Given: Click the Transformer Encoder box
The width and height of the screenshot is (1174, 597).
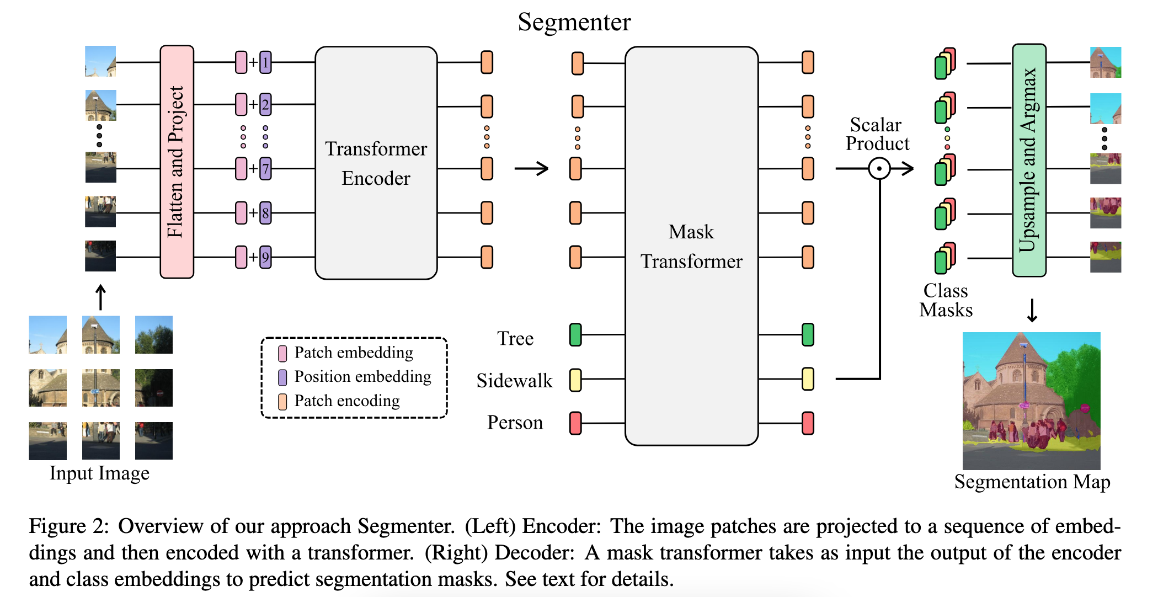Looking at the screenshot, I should click(376, 163).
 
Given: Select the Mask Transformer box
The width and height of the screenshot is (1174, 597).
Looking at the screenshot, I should click(691, 246).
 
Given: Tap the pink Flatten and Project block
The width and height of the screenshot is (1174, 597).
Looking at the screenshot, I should click(177, 162).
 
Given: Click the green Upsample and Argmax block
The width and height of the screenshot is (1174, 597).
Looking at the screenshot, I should click(1028, 160).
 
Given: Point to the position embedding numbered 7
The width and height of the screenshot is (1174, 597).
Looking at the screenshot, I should click(265, 169).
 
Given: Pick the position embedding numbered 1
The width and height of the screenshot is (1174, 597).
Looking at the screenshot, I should click(265, 62).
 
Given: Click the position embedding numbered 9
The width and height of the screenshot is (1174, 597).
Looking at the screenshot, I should click(265, 257).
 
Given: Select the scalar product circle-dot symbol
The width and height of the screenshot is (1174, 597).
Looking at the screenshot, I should click(879, 168).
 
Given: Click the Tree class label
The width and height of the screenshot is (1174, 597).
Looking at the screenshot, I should click(515, 338).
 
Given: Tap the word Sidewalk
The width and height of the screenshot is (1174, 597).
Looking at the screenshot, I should click(514, 381).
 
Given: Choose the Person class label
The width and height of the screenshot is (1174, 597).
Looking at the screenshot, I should click(515, 423).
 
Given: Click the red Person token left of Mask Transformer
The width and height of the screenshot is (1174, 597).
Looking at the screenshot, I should click(575, 423).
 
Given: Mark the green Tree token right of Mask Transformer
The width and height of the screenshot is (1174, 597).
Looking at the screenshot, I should click(808, 335).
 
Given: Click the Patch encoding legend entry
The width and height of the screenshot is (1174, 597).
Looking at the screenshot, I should click(346, 401).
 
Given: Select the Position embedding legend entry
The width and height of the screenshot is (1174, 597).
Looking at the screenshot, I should click(362, 377).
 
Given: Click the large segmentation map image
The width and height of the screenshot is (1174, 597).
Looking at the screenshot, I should click(1031, 401).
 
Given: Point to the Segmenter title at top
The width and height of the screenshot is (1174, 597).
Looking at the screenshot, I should click(574, 22).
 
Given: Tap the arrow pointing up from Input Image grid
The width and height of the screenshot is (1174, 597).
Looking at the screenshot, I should click(100, 297).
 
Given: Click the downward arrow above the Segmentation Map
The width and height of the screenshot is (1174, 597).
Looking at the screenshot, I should click(1032, 310).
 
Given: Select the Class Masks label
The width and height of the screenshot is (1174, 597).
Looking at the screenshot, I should click(946, 301).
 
